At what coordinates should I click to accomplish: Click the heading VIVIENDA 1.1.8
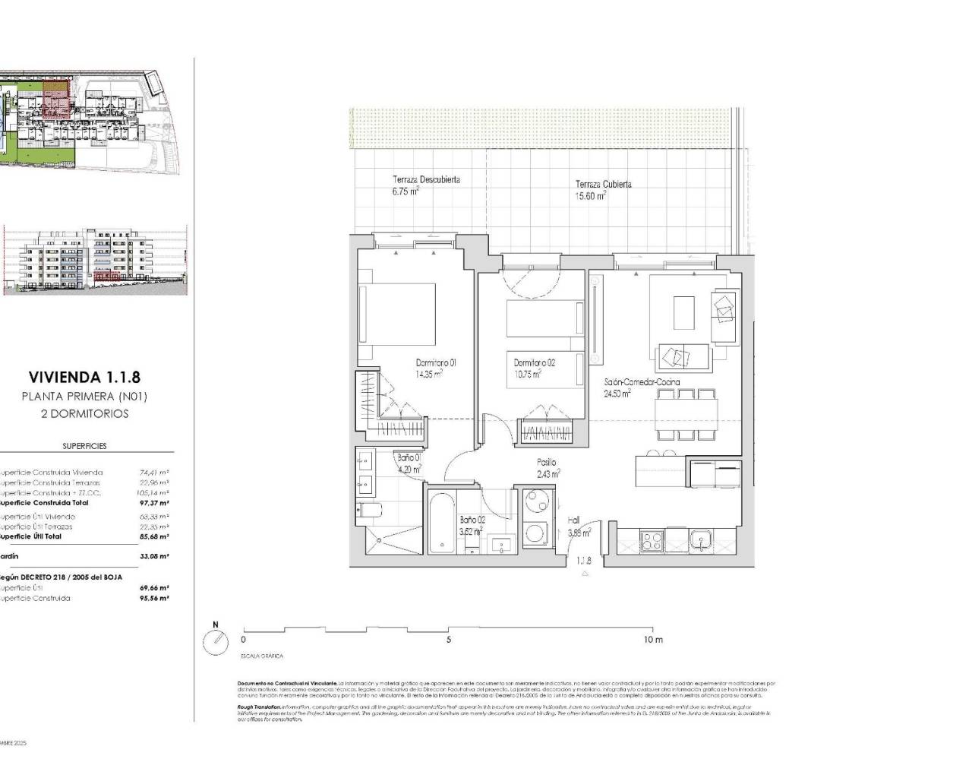tap(84, 376)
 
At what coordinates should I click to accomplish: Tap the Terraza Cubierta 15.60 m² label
tap(602, 190)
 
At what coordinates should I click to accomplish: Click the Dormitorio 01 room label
tap(435, 368)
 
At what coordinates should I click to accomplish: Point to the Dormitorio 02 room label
tap(534, 368)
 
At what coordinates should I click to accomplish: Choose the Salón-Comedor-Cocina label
tap(642, 387)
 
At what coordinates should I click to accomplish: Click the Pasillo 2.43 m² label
tap(547, 467)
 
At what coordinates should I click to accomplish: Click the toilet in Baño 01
tap(368, 511)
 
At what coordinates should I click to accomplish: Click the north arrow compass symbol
tap(216, 642)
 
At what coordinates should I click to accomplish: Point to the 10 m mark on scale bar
tap(652, 640)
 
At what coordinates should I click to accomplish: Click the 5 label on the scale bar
tap(449, 640)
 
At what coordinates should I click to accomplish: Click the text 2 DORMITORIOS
tap(84, 414)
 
